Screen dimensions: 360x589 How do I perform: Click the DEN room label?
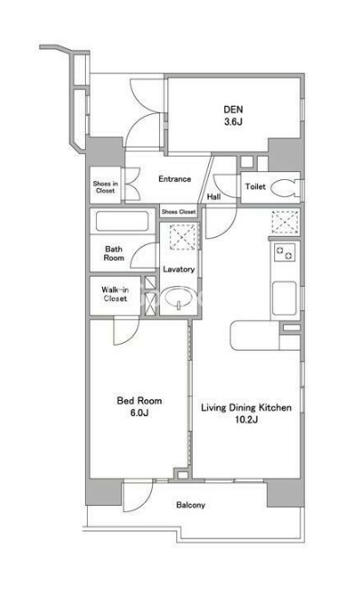(233, 109)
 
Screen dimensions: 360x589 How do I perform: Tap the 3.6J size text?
(233, 122)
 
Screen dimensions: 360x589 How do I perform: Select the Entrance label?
(175, 179)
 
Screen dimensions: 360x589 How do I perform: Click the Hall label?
(214, 196)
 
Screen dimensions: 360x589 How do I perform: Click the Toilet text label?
(256, 186)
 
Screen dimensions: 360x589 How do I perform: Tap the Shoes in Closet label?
(106, 187)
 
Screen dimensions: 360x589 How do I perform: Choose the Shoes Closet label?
(179, 212)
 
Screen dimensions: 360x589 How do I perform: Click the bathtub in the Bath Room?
(122, 222)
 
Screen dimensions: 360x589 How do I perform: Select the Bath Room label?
(114, 253)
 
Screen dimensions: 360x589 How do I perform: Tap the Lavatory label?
(179, 270)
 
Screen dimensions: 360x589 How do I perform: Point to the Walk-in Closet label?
(115, 294)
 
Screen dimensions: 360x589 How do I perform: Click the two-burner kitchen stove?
(285, 252)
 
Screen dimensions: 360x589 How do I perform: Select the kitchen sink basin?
(284, 298)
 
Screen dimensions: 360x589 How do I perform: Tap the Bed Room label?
(139, 401)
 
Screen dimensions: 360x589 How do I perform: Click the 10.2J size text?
(246, 420)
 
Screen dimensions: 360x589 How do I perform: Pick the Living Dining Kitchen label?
(246, 407)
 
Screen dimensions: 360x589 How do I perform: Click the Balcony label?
(191, 505)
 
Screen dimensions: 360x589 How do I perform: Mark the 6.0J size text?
(139, 413)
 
